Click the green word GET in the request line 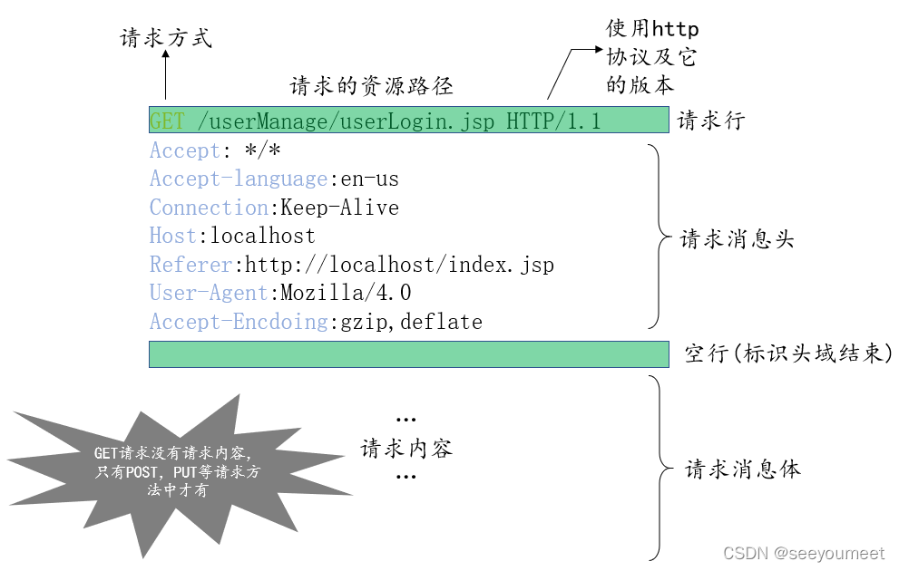[167, 121]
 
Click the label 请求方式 [166, 38]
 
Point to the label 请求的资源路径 [371, 86]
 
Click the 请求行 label [710, 121]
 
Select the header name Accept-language [239, 179]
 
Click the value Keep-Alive [339, 208]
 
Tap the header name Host [172, 237]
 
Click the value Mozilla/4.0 [346, 293]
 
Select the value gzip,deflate [406, 322]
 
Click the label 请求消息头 [737, 239]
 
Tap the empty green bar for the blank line [408, 354]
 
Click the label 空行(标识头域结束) [787, 353]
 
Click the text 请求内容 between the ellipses [406, 448]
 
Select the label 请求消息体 [743, 469]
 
